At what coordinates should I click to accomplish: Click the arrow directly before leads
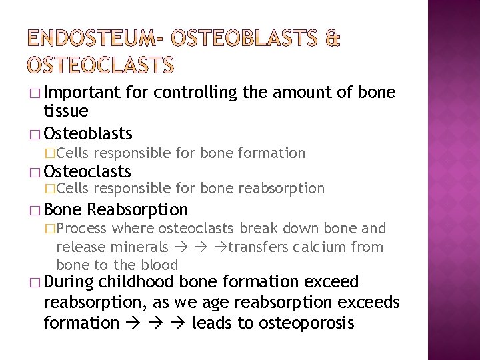point(179,324)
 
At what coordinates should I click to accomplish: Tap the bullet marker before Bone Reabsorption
point(35,210)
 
